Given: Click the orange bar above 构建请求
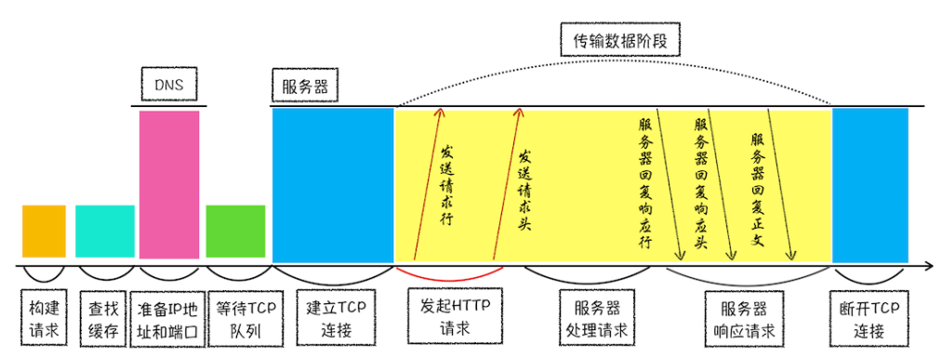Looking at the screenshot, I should pyautogui.click(x=44, y=231).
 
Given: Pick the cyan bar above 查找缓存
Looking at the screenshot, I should pyautogui.click(x=104, y=231).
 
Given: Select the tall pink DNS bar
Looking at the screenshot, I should pyautogui.click(x=168, y=184).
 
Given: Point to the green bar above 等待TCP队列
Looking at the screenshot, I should pyautogui.click(x=235, y=231).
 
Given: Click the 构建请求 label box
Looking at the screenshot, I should pyautogui.click(x=44, y=319).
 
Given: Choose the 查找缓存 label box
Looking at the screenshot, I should pyautogui.click(x=103, y=319).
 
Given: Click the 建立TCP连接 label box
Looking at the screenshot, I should pyautogui.click(x=333, y=319).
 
